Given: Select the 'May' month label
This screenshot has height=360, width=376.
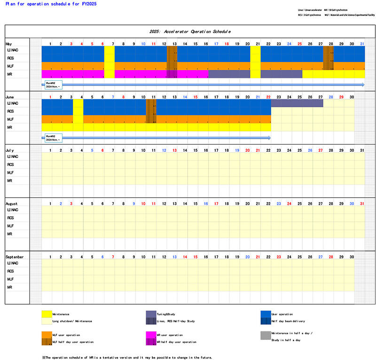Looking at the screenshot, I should pos(10,43).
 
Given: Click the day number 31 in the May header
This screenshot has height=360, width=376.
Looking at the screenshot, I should pos(362,44).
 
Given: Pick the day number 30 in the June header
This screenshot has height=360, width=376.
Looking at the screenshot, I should pos(352,97).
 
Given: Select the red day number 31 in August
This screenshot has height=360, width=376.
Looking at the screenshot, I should pos(362,203).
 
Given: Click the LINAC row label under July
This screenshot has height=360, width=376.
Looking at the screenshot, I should pos(13,157).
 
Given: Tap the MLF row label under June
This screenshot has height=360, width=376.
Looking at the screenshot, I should pos(11,119).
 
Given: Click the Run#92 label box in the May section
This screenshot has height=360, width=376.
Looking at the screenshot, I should pos(53,85).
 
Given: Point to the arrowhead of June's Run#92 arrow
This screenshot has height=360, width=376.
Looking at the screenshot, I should pos(269,138).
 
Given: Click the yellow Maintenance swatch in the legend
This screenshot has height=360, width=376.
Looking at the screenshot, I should pos(47,313).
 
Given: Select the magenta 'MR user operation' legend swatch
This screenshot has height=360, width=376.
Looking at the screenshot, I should pos(151,335).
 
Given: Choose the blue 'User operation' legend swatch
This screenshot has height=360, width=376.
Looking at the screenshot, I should pos(266,313).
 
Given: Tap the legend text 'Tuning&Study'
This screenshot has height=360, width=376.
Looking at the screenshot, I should pos(165,314).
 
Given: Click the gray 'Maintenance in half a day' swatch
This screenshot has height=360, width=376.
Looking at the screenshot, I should pos(266,335).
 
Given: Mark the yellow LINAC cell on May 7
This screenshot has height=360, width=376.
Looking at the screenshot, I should pos(109,50).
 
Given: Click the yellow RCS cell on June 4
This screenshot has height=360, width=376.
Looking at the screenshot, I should pos(78,111).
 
